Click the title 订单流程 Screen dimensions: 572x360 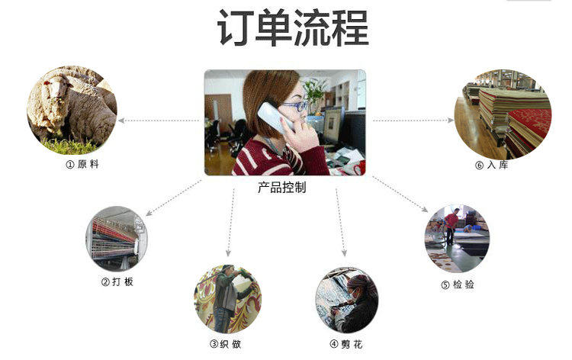(x=293, y=29)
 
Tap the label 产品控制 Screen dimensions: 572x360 (x=281, y=188)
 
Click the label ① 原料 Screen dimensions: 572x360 (x=82, y=164)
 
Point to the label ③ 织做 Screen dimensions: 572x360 (x=226, y=344)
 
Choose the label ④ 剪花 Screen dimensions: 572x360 (x=346, y=344)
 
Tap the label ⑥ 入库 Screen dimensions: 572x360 (x=491, y=164)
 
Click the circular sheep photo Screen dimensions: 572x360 (x=72, y=110)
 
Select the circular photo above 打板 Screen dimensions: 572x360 (x=116, y=238)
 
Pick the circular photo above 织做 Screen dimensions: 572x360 (x=227, y=299)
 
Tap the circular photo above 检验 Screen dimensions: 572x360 (x=456, y=239)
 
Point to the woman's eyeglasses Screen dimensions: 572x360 (x=293, y=107)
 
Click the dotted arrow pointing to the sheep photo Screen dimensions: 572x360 (x=159, y=121)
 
